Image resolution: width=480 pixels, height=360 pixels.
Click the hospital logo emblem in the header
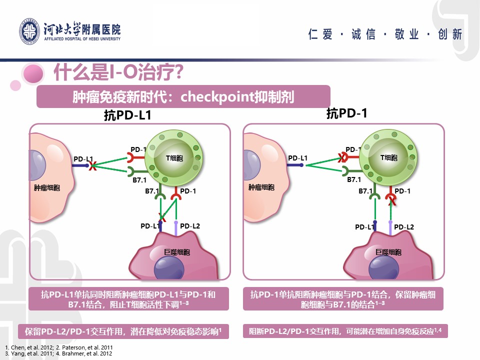(29, 31)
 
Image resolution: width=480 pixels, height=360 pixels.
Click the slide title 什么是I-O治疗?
(118, 72)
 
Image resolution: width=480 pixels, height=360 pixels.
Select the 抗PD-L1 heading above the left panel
(127, 115)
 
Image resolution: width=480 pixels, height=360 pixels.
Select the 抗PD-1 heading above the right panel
(346, 113)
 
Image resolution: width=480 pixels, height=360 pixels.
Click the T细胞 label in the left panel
(174, 158)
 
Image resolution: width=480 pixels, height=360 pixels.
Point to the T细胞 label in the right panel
(389, 157)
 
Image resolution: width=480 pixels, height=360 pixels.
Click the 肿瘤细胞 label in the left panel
(47, 187)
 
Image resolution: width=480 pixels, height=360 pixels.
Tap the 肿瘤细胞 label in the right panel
(261, 187)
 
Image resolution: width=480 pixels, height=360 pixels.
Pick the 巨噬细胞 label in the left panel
(177, 252)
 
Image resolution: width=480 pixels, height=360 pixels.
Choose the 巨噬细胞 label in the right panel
(388, 252)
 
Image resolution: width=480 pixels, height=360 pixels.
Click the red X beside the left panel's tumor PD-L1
(92, 166)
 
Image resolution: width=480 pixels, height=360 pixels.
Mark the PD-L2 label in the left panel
(190, 226)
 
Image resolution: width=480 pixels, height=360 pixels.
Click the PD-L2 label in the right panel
(404, 227)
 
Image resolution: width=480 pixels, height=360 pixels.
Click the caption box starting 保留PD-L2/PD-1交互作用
(123, 331)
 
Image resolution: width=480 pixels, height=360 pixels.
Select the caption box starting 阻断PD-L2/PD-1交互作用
(345, 331)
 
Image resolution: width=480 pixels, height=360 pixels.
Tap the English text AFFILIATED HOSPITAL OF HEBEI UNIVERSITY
(82, 39)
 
